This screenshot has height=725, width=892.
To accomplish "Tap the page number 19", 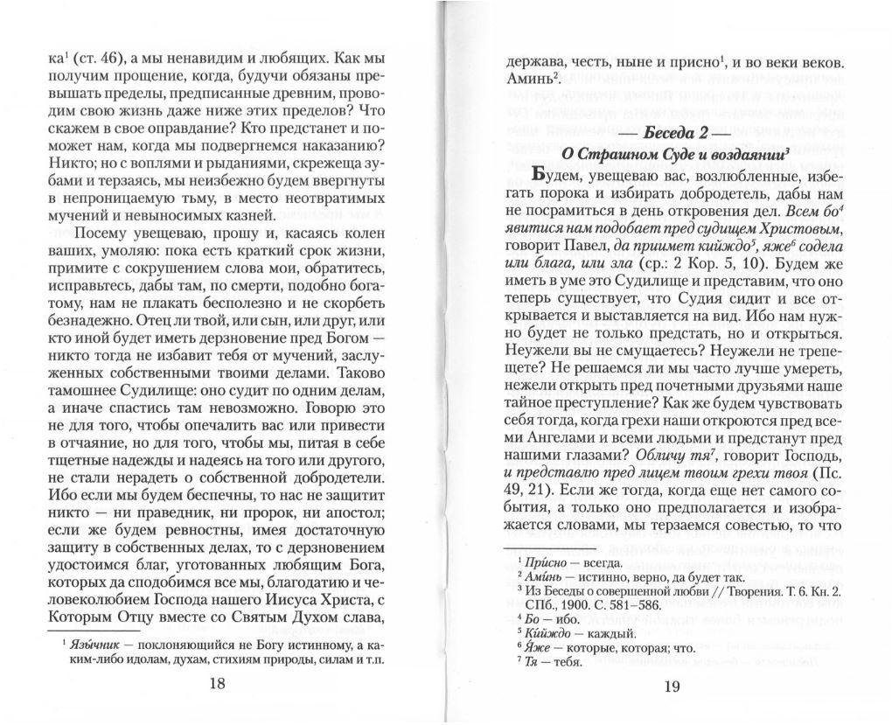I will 672,686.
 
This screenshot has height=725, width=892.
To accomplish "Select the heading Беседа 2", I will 672,134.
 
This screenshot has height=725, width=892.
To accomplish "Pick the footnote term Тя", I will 534,663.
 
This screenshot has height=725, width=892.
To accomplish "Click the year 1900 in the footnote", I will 578,606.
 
